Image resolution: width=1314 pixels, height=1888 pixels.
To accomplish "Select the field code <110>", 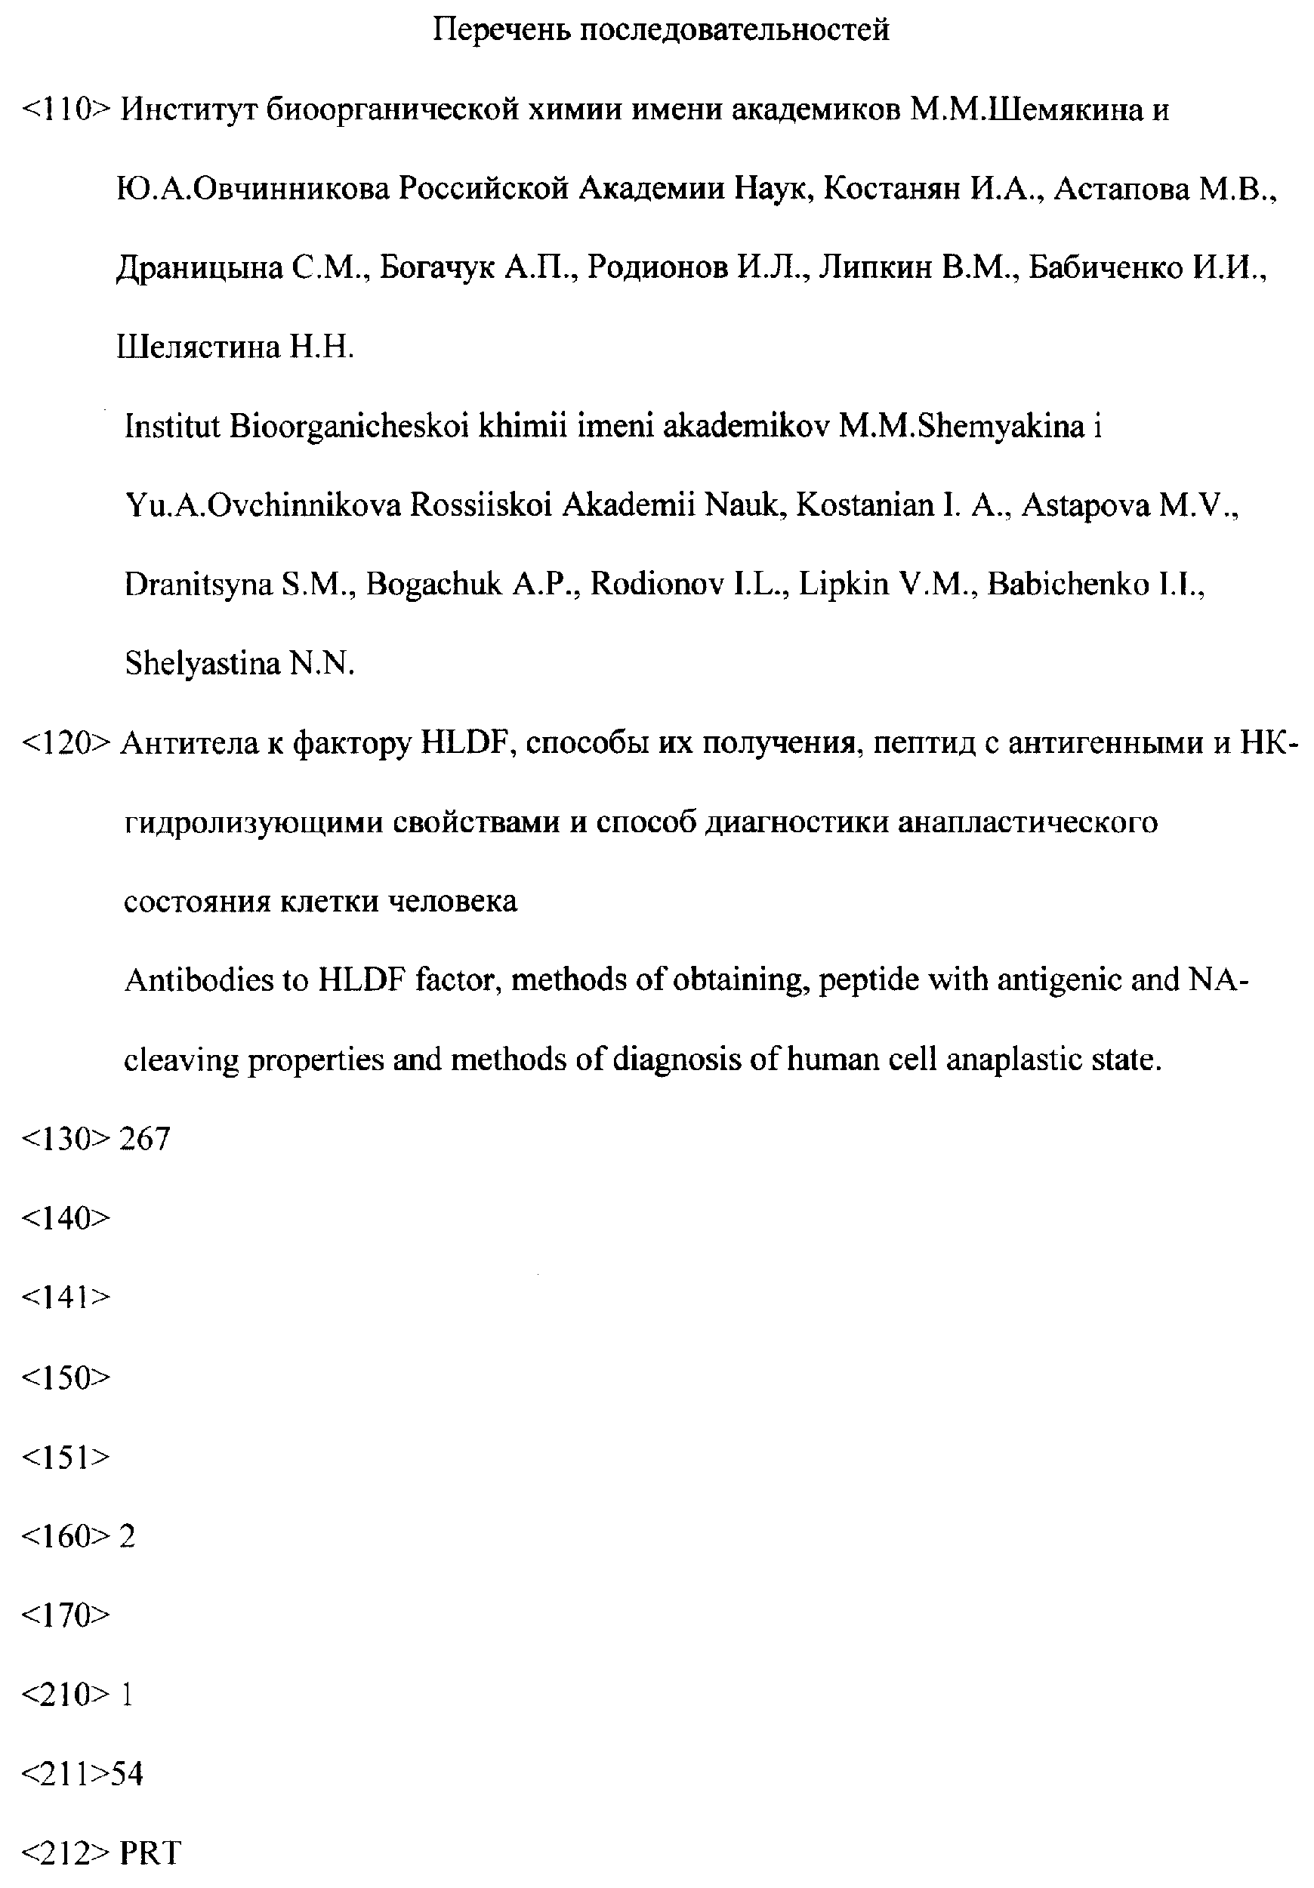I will tap(65, 110).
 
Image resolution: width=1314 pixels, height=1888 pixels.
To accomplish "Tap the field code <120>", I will tap(65, 743).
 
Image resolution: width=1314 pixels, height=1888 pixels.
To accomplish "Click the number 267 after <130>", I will tap(145, 1139).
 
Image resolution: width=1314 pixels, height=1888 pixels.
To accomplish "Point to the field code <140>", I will tap(65, 1219).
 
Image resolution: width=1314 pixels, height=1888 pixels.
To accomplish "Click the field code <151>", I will tap(65, 1457).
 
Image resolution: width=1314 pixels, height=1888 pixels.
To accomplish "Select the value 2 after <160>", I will tap(128, 1536).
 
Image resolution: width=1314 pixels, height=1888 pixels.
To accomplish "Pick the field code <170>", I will tap(65, 1616).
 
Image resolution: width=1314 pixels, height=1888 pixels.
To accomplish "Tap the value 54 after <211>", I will tap(128, 1775).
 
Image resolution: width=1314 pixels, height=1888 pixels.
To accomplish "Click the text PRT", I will tap(150, 1853).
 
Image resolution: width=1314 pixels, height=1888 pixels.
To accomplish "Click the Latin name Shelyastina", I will tap(202, 664).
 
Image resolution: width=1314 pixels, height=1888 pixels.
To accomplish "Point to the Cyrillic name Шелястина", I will tap(199, 347).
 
